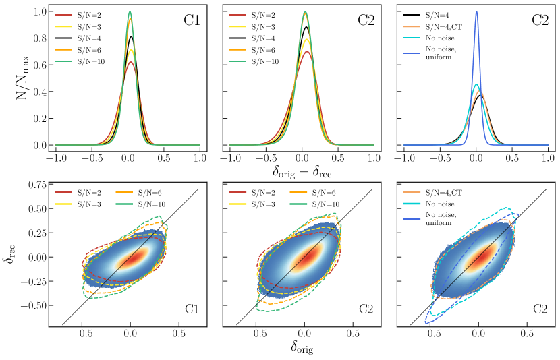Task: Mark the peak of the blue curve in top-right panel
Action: [x=476, y=11]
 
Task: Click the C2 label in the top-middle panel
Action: [x=366, y=20]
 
